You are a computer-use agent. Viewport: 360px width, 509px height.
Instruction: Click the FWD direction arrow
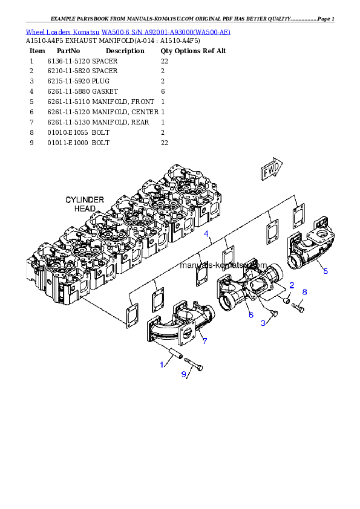point(271,169)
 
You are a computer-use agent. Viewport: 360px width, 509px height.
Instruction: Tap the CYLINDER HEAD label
point(85,204)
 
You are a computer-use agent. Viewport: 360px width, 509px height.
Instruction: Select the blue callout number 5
point(326,271)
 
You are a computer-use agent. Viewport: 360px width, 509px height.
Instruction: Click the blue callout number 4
point(206,234)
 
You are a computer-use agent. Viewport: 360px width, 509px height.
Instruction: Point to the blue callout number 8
point(304,292)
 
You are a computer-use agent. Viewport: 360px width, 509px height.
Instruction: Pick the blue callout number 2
point(292,285)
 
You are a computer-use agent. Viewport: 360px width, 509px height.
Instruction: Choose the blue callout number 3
point(263,323)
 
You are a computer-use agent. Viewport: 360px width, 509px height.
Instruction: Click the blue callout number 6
point(251,315)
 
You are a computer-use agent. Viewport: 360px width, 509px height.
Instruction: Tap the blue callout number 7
point(205,341)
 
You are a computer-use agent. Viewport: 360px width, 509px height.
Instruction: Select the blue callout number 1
point(162,365)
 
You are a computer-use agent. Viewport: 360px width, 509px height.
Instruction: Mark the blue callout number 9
point(183,374)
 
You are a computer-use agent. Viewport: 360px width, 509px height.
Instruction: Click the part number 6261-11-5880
point(68,91)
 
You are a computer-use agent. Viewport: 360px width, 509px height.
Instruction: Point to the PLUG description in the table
point(100,81)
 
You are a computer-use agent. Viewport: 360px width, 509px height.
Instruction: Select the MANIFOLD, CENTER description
point(125,112)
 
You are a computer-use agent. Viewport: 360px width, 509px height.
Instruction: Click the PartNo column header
point(68,51)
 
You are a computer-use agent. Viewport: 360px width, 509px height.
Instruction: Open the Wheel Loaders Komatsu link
point(63,32)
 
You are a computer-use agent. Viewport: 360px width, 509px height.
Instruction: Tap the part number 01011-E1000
point(68,143)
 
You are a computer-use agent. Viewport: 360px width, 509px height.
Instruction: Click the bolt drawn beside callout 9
point(194,364)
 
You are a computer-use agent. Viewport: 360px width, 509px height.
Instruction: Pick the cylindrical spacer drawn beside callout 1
point(176,354)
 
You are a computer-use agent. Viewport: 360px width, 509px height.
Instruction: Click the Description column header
point(125,51)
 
